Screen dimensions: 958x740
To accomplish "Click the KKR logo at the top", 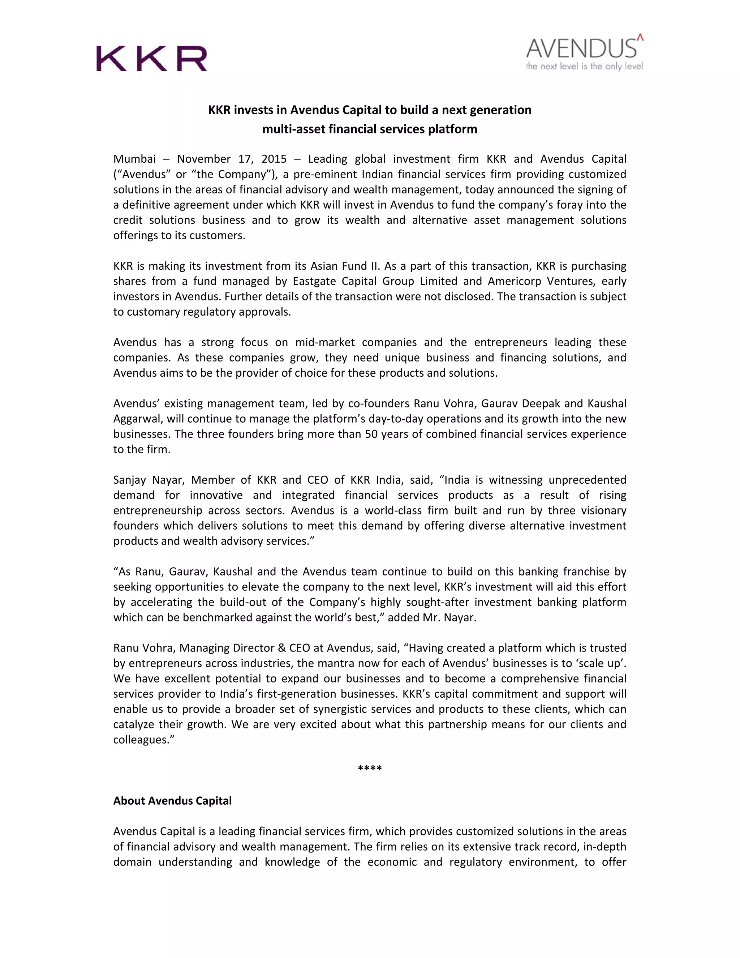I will click(151, 58).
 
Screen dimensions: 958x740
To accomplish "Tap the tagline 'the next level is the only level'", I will click(584, 67).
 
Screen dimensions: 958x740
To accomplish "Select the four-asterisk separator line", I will click(370, 768).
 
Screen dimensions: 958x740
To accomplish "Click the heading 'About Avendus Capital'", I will click(172, 800).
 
